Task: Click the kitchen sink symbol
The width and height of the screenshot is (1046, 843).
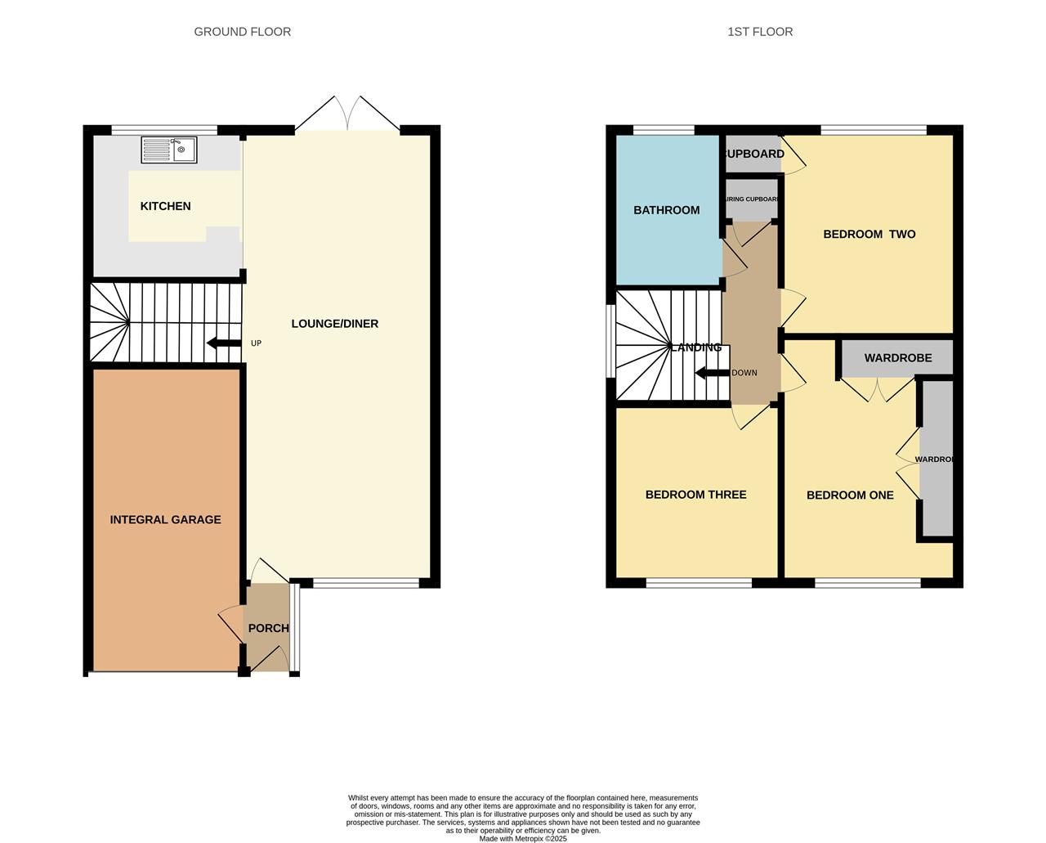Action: click(169, 150)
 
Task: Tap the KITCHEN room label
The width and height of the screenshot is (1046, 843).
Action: click(165, 206)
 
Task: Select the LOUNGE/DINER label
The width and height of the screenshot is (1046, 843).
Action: click(335, 324)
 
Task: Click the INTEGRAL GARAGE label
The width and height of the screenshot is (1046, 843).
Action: click(165, 519)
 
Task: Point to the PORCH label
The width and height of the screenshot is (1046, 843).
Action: click(268, 628)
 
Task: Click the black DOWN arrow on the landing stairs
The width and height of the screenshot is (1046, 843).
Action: click(712, 373)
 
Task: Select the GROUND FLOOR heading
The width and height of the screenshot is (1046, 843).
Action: click(242, 32)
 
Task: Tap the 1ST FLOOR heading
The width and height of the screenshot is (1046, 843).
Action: click(760, 32)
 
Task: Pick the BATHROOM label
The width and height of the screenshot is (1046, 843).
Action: click(667, 210)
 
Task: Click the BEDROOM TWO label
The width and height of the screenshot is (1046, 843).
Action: click(869, 234)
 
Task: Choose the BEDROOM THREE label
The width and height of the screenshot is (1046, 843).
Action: click(695, 495)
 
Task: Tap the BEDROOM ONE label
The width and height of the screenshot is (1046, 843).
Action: click(850, 495)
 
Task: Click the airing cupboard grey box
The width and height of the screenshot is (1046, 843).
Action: click(752, 200)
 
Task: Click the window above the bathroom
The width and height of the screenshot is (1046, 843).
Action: click(664, 129)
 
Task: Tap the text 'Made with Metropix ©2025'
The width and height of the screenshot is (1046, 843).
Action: click(523, 838)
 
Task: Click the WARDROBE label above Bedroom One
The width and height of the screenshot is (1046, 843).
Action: click(897, 358)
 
